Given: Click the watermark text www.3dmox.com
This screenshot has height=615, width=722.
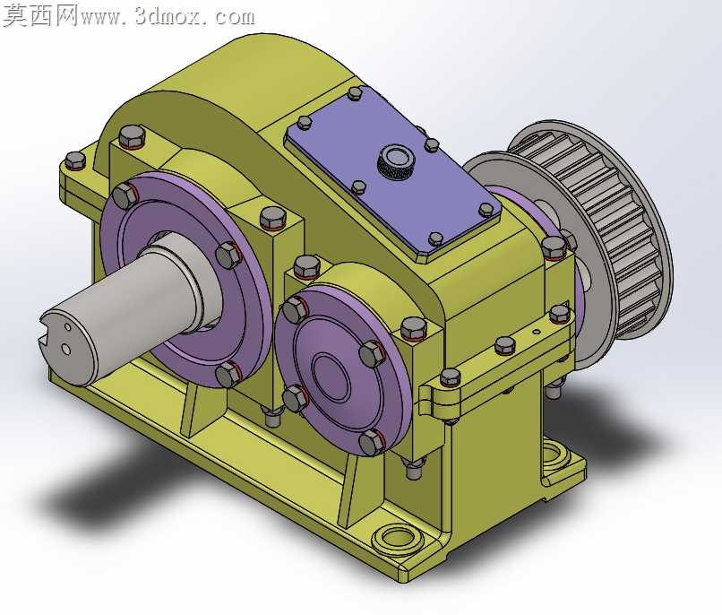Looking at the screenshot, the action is tap(168, 17).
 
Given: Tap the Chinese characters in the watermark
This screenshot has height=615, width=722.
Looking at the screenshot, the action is tap(40, 16).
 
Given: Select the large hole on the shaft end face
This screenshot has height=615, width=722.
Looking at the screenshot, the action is tap(66, 350).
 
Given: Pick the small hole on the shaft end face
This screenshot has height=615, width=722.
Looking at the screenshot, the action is tap(68, 326).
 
